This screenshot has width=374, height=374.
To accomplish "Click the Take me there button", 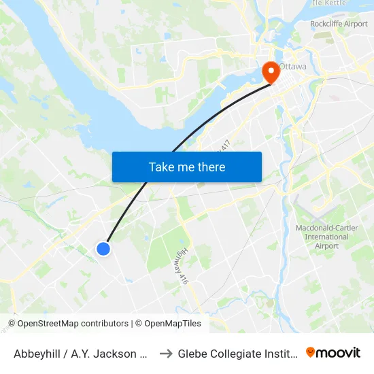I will pyautogui.click(x=186, y=167).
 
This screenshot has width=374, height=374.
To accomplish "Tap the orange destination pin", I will pyautogui.click(x=270, y=71).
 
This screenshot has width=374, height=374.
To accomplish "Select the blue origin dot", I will pyautogui.click(x=103, y=249).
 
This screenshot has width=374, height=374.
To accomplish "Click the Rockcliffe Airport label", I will pyautogui.click(x=339, y=24).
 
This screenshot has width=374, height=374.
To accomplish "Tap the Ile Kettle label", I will pyautogui.click(x=328, y=3).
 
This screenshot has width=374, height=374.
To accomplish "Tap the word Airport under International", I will pyautogui.click(x=327, y=246).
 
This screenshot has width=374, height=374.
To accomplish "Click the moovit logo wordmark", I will pyautogui.click(x=339, y=352).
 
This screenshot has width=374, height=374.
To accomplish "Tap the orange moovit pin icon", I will pyautogui.click(x=311, y=352).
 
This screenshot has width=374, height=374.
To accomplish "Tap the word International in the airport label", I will pyautogui.click(x=327, y=237).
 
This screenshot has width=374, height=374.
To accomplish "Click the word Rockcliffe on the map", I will pyautogui.click(x=326, y=24).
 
